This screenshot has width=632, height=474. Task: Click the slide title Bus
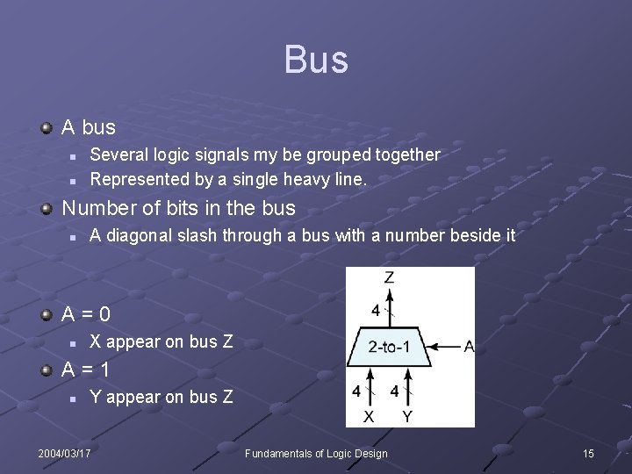[x=316, y=60]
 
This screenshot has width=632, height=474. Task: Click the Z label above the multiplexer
[x=389, y=278]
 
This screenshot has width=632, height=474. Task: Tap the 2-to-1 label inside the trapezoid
[x=389, y=347]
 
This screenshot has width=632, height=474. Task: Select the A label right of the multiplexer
[x=469, y=347]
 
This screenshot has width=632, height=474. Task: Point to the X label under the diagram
[x=369, y=416]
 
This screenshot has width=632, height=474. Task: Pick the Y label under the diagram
[x=407, y=416]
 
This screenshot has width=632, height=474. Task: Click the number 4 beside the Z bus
[x=376, y=310]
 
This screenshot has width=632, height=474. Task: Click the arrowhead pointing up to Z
[x=389, y=292]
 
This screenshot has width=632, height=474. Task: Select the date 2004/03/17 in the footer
[x=64, y=453]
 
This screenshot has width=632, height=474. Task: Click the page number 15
[x=588, y=453]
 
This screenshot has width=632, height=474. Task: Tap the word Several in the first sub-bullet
[x=118, y=154]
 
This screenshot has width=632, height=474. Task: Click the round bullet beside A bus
[x=47, y=128]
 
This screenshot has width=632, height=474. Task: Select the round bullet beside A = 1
[x=47, y=370]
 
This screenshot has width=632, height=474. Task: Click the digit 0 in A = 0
[x=104, y=313]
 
